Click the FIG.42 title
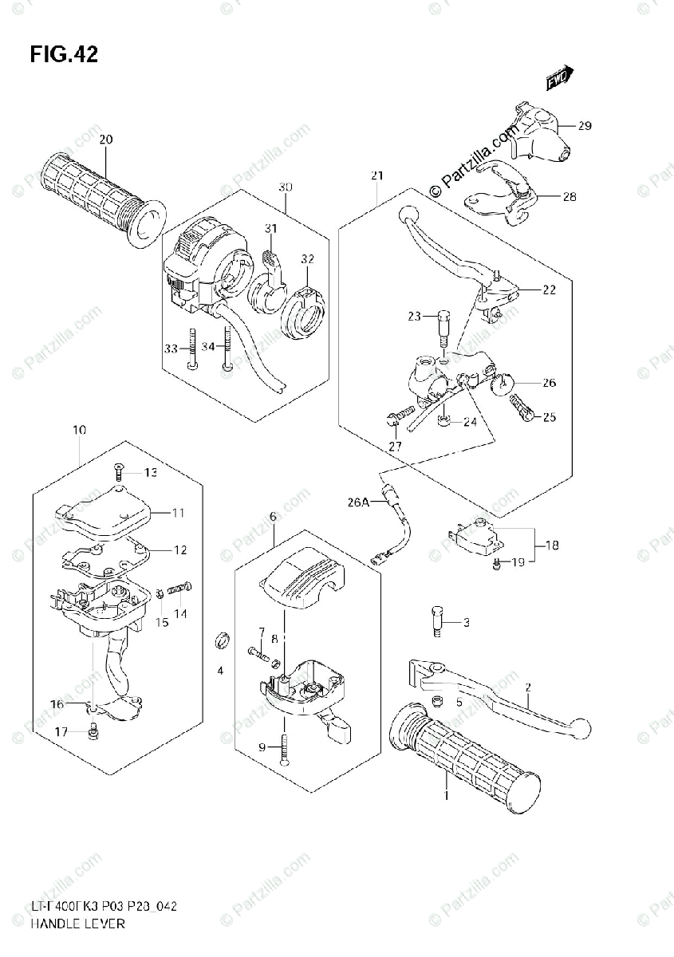pos(64,54)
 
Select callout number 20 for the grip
pos(105,140)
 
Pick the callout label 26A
pos(358,502)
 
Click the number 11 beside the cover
pos(177,512)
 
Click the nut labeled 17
pos(94,727)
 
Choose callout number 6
pos(272,518)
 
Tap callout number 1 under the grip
pos(447,796)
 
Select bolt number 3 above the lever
pos(438,623)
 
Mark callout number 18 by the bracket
pos(552,545)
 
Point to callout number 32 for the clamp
pos(307,258)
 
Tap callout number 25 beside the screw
pos(549,416)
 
